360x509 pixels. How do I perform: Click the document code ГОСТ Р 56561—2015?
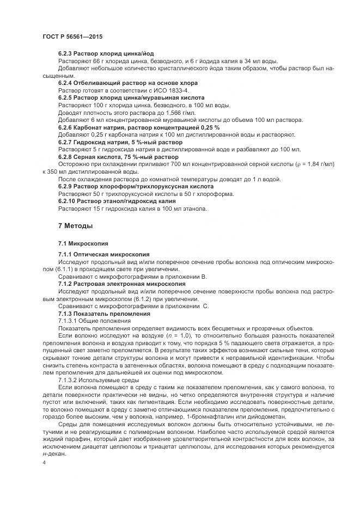[x=72, y=36]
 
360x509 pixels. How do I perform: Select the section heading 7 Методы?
[x=76, y=225]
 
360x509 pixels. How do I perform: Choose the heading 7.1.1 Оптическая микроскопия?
[x=104, y=254]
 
